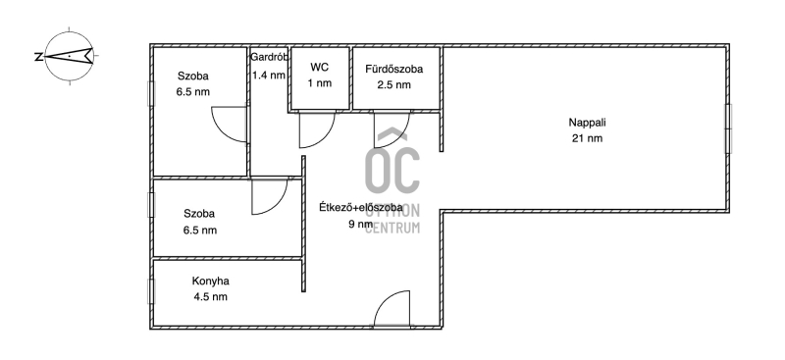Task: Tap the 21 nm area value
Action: [587, 138]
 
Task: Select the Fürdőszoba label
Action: [394, 69]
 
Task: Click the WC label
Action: [320, 67]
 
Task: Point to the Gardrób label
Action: [269, 57]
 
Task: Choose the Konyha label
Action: [210, 281]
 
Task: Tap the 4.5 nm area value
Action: [210, 297]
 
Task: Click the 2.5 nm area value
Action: [394, 84]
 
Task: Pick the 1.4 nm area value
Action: [268, 76]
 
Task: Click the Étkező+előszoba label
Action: [361, 207]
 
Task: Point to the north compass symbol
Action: [69, 56]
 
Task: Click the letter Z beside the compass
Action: [38, 57]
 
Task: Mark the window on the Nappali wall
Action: [728, 129]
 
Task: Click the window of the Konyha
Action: [151, 291]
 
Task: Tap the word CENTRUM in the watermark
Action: [392, 228]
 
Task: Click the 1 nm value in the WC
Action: [320, 83]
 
